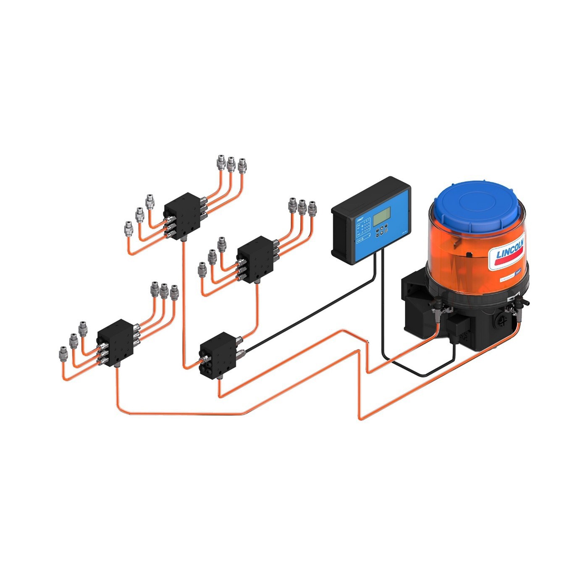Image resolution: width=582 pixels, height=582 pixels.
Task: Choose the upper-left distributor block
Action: pyautogui.click(x=182, y=215)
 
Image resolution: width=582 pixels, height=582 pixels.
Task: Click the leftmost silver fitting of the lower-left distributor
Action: pyautogui.click(x=63, y=354)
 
